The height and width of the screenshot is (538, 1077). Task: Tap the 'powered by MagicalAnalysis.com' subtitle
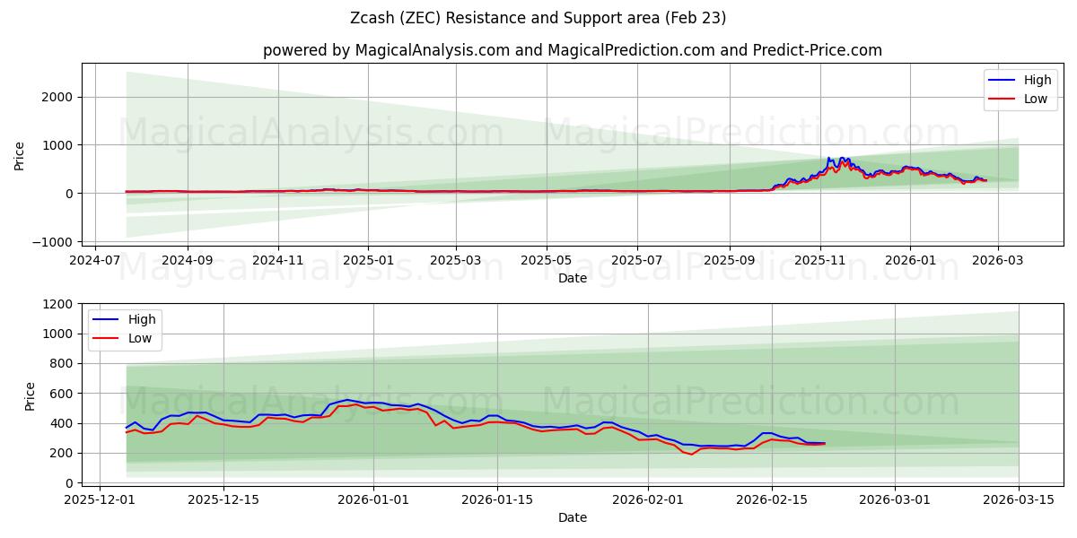pyautogui.click(x=573, y=50)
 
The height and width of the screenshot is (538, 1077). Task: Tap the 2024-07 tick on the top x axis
pyautogui.click(x=96, y=260)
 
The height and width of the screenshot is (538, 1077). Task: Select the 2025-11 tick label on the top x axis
pyautogui.click(x=819, y=260)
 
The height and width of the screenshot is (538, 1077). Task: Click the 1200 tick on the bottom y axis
pyautogui.click(x=58, y=304)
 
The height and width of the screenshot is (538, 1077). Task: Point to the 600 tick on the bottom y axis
pyautogui.click(x=62, y=394)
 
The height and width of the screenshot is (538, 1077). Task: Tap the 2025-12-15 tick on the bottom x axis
pyautogui.click(x=223, y=500)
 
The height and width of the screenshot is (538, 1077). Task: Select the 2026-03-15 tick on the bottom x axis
pyautogui.click(x=1019, y=500)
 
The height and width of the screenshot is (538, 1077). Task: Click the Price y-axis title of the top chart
pyautogui.click(x=20, y=154)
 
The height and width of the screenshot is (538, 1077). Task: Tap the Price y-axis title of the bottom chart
pyautogui.click(x=31, y=395)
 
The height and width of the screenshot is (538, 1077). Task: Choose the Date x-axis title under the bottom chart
pyautogui.click(x=573, y=517)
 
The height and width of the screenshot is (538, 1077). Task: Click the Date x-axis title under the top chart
pyautogui.click(x=573, y=278)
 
